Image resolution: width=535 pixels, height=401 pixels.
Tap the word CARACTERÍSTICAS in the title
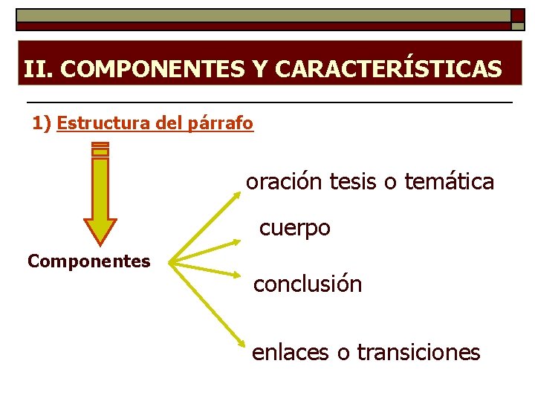point(388,69)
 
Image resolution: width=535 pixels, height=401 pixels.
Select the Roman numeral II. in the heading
point(38,69)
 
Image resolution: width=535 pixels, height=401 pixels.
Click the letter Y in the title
point(259,69)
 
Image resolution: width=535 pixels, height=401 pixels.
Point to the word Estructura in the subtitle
point(104,123)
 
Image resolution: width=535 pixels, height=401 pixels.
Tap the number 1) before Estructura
point(42,123)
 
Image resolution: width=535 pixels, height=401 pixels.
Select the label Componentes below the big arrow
point(88,261)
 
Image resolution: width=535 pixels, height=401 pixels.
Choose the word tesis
point(354,181)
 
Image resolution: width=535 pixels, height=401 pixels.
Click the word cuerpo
point(294,228)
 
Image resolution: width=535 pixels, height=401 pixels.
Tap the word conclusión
point(308,284)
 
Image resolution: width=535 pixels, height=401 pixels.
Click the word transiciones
point(418,351)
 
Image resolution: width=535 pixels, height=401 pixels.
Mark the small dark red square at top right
point(517,16)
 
